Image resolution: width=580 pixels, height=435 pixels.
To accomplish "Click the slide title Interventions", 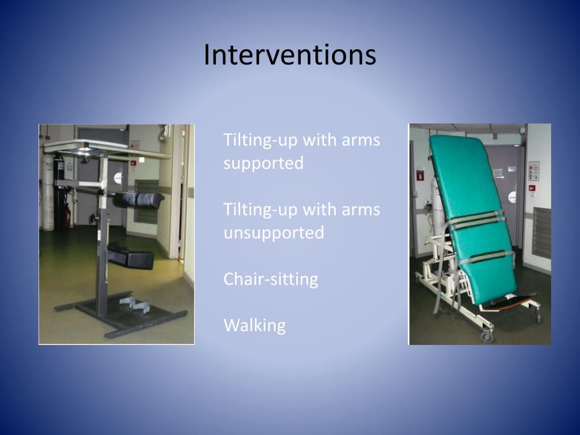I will [x=289, y=56].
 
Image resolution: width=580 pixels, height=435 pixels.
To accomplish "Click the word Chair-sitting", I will [x=270, y=279].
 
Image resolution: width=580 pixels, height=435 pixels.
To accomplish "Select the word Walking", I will [x=254, y=326].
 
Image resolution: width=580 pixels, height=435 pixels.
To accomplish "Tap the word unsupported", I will [x=274, y=233].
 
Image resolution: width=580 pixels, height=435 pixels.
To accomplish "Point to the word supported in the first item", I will [x=263, y=163].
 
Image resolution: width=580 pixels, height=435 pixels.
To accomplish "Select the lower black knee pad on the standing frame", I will [x=131, y=256].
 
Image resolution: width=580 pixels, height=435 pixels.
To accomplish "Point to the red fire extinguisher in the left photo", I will [x=67, y=214].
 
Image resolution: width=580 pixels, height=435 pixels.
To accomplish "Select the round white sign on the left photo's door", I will [x=117, y=177].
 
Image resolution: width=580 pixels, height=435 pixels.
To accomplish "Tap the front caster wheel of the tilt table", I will [x=485, y=336].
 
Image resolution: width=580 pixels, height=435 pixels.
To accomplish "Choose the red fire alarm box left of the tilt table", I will [x=420, y=174].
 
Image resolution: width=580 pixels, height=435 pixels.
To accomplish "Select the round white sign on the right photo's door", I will [x=511, y=197].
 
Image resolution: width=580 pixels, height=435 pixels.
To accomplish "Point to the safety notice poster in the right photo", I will [x=534, y=170].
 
